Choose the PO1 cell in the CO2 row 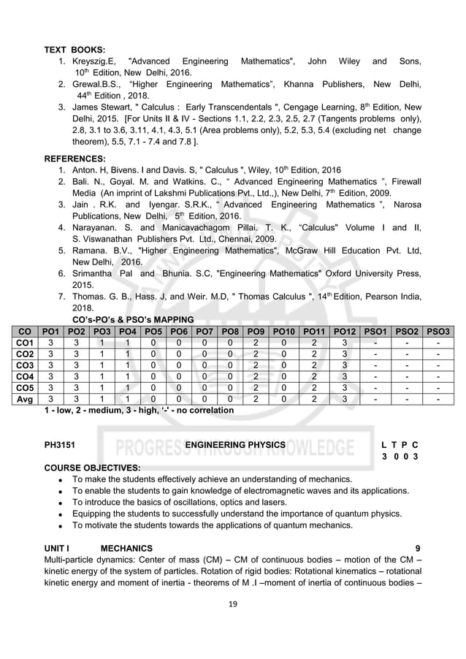point(50,354)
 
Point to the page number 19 point(232,603)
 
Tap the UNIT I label point(57,548)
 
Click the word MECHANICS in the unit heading point(126,548)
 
